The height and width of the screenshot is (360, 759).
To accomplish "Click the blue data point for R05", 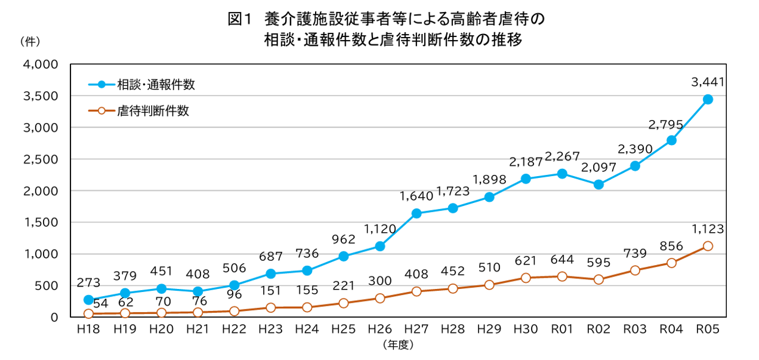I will click(x=708, y=99).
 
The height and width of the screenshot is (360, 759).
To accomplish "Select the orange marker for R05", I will click(x=708, y=246).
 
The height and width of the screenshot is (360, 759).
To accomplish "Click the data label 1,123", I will click(x=708, y=227).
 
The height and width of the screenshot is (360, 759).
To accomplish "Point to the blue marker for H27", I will click(x=416, y=213).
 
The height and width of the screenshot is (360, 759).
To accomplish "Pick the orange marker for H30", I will click(x=526, y=278).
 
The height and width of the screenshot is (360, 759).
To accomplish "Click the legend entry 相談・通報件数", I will click(x=164, y=85).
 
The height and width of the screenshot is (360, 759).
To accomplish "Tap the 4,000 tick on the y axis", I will click(x=40, y=64).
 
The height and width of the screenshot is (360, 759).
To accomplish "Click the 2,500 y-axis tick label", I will click(x=40, y=159).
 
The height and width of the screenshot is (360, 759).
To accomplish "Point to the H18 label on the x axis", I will click(x=88, y=329).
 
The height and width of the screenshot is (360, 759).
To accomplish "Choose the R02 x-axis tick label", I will click(x=598, y=329).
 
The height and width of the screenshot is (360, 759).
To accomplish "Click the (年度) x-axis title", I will click(x=398, y=344).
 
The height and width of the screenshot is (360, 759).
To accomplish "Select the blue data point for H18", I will click(x=88, y=300).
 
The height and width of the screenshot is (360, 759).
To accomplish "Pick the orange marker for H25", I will click(x=344, y=303).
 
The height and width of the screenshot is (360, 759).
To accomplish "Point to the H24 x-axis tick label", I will click(x=307, y=329).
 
